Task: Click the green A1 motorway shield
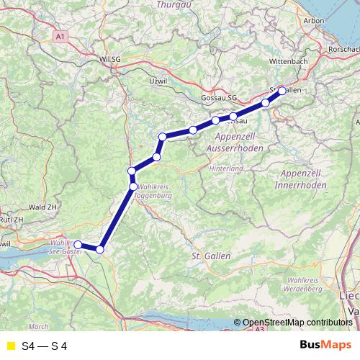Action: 61,34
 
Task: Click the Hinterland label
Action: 226,168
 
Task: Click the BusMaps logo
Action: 325,346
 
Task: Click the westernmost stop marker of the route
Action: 78,245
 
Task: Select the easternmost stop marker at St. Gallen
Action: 282,91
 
